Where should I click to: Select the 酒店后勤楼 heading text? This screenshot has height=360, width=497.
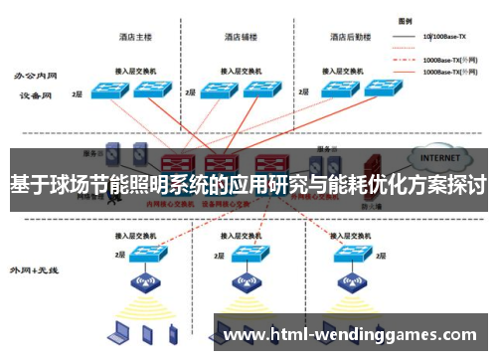pos(349,38)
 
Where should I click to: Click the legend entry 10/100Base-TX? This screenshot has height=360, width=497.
pos(442,38)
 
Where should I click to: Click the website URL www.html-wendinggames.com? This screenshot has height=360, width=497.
pos(352,336)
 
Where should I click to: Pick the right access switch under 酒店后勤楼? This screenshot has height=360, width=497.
pos(382,88)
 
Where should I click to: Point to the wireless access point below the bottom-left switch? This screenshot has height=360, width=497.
pos(147,285)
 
